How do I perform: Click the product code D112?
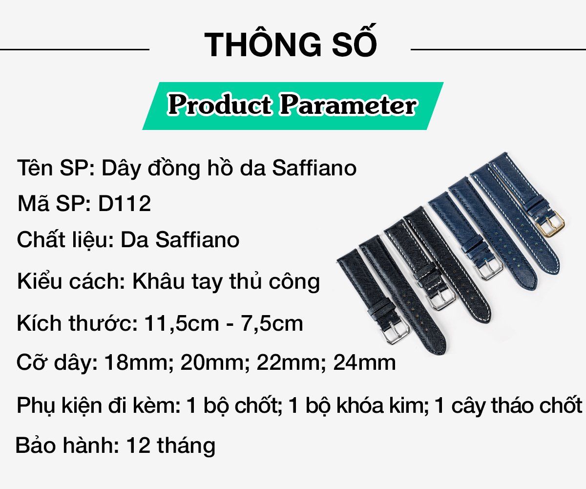tap(125, 204)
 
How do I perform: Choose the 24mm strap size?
tap(364, 362)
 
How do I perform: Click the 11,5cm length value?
tap(182, 324)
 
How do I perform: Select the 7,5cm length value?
tap(272, 324)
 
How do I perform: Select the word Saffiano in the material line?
tap(197, 240)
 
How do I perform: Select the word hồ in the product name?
tap(220, 168)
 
